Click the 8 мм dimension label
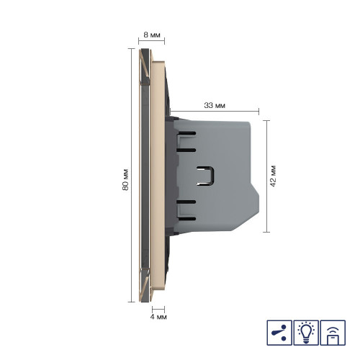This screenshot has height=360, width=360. pos(152,35)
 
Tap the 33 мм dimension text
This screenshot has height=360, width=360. pos(215,105)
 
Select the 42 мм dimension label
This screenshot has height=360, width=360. pos(273,176)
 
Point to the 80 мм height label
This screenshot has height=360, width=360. pos(125,180)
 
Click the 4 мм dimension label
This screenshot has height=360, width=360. pos(158,317)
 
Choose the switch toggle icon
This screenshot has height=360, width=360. pos(279,333)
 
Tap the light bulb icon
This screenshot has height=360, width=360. pos(306,333)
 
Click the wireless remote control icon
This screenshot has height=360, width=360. pos(333,333)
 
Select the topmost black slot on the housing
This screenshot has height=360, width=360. pos(186,133)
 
